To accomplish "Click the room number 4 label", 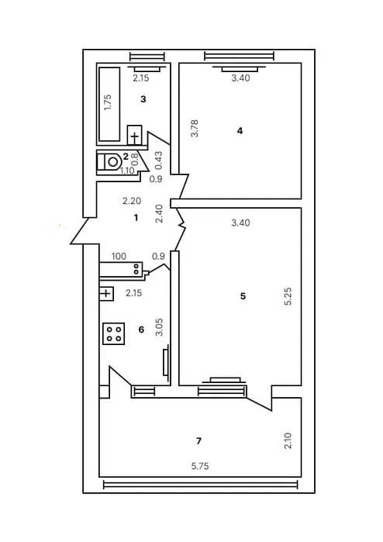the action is (240, 131).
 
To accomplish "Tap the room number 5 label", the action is (243, 296).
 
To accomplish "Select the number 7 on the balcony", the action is (198, 441).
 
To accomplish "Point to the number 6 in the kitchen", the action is (141, 330).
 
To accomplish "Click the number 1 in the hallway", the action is (136, 218).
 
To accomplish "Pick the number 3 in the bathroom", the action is (143, 99).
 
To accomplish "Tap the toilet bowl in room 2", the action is (110, 161).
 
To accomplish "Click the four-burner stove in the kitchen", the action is (114, 333).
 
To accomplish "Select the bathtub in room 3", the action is (109, 104).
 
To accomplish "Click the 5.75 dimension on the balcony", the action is (200, 466).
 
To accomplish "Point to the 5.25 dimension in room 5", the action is (288, 296).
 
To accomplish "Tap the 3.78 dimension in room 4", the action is (195, 128).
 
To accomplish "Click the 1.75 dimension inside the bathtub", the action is (108, 102).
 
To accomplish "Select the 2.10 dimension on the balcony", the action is (288, 440).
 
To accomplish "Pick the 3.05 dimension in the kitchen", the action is (160, 327).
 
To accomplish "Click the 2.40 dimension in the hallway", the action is (160, 213).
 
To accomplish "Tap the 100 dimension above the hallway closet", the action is (119, 257).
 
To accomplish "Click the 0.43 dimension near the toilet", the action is (159, 161).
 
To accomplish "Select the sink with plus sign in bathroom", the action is (134, 135).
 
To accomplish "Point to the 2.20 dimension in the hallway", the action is (132, 201).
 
